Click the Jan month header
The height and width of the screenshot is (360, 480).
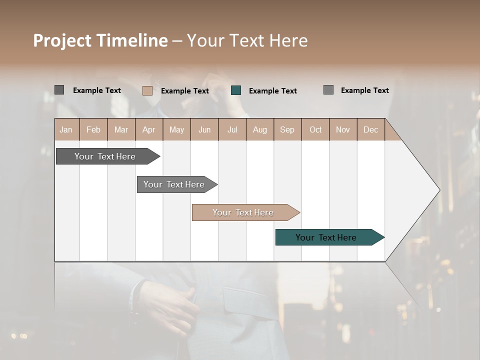click(x=66, y=129)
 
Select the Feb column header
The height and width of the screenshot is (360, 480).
click(x=93, y=129)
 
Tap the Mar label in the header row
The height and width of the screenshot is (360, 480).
click(x=121, y=129)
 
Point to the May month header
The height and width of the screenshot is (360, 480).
click(x=176, y=129)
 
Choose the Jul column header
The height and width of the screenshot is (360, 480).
click(x=232, y=129)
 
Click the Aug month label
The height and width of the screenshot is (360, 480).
click(x=259, y=129)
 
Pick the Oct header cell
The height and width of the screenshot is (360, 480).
click(x=315, y=129)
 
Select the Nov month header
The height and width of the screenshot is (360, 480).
click(x=343, y=129)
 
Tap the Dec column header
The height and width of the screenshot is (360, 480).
click(x=370, y=129)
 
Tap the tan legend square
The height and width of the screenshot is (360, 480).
click(x=147, y=90)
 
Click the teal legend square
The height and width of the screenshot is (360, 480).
click(x=236, y=90)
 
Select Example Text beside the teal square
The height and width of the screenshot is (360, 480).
click(x=273, y=91)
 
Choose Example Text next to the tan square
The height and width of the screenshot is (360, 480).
click(x=185, y=91)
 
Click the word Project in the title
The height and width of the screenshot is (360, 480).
click(x=62, y=40)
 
